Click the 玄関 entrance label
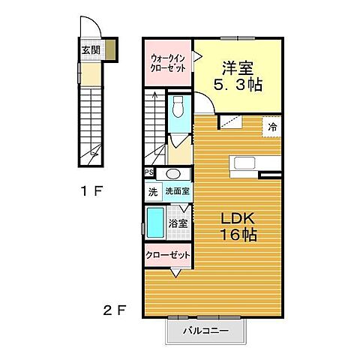90,51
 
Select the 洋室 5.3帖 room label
238,76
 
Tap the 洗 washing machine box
152,191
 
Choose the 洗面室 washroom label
177,191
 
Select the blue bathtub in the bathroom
155,223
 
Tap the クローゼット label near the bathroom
167,255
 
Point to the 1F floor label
91,191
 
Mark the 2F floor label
113,309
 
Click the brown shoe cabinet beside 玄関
110,52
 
